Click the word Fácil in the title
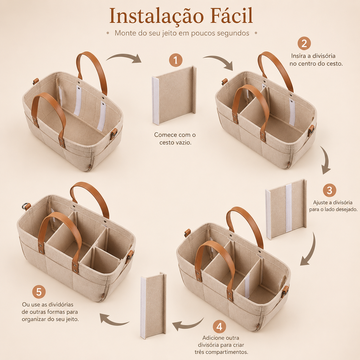click(x=232, y=15)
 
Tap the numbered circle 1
click(x=176, y=60)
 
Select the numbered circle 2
click(x=304, y=43)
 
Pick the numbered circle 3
click(x=329, y=190)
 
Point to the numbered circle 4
click(x=219, y=327)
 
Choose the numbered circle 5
click(x=39, y=292)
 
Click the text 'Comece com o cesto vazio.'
click(x=175, y=139)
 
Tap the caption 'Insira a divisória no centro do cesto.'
click(x=316, y=60)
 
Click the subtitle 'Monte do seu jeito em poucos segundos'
click(x=182, y=33)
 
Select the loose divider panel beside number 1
click(x=174, y=96)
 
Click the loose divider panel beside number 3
click(x=286, y=209)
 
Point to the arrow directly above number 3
click(x=325, y=160)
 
